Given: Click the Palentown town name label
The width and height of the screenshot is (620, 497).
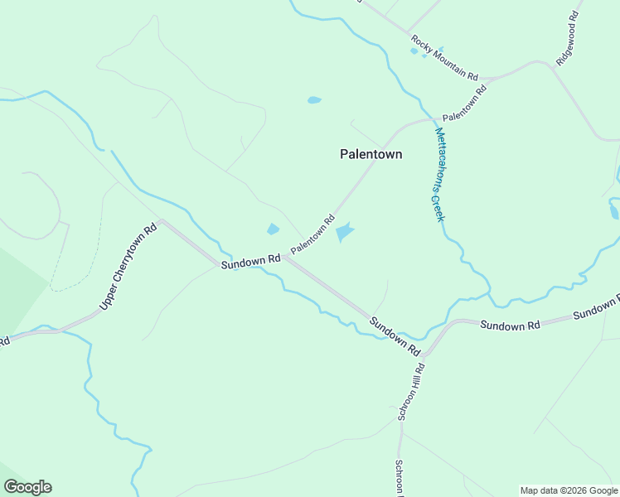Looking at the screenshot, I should click(x=371, y=154).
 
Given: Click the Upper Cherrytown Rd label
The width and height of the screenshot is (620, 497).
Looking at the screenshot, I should click(x=128, y=268).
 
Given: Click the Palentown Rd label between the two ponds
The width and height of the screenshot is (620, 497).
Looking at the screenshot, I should click(x=312, y=234).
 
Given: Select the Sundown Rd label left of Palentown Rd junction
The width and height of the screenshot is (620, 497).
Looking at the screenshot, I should click(x=251, y=261).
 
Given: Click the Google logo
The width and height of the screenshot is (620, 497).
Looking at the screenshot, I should click(x=27, y=487).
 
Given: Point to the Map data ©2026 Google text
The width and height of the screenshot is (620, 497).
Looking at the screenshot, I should click(x=568, y=490).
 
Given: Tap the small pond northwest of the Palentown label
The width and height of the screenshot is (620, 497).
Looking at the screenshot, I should click(x=314, y=100).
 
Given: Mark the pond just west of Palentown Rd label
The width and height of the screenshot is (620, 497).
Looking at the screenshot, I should click(x=273, y=229).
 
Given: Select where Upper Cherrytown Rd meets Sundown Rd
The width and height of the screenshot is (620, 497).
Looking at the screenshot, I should click(x=161, y=220).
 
